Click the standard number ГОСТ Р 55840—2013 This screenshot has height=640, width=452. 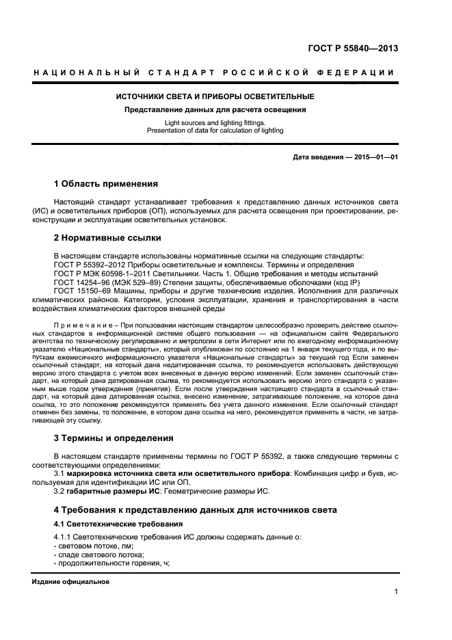coord(351,48)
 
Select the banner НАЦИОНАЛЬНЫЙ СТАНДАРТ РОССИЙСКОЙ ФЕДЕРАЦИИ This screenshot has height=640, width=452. coord(214,73)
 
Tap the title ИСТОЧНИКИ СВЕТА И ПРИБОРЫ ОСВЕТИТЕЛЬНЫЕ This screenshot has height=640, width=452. coord(215,96)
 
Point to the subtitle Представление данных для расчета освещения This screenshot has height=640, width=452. coord(214,109)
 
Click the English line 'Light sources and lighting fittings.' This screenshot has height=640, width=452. coord(214,123)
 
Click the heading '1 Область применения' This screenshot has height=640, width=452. coord(106,184)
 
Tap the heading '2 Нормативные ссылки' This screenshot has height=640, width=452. coord(107,238)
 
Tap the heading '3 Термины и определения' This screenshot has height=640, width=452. coord(113,438)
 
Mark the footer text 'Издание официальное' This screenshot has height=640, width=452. coord(70,581)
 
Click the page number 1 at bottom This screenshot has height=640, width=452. coord(395,593)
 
